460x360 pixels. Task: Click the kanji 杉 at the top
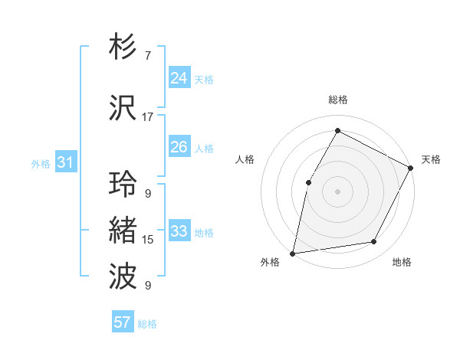click(123, 47)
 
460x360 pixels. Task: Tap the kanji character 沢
click(123, 108)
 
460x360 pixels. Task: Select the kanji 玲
click(123, 184)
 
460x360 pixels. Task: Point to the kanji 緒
click(123, 231)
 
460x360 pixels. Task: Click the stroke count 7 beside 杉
click(147, 56)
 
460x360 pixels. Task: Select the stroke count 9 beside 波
click(147, 286)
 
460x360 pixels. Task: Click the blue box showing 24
click(179, 78)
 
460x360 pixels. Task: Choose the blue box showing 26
click(179, 147)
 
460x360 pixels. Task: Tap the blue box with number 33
click(179, 231)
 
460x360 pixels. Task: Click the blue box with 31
click(65, 162)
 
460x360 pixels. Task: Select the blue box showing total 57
click(123, 322)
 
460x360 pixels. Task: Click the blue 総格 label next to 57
click(147, 324)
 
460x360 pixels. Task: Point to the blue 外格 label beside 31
click(41, 164)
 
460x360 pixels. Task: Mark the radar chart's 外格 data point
click(293, 253)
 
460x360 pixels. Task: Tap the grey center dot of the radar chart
click(337, 191)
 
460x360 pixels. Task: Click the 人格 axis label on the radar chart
click(245, 159)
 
